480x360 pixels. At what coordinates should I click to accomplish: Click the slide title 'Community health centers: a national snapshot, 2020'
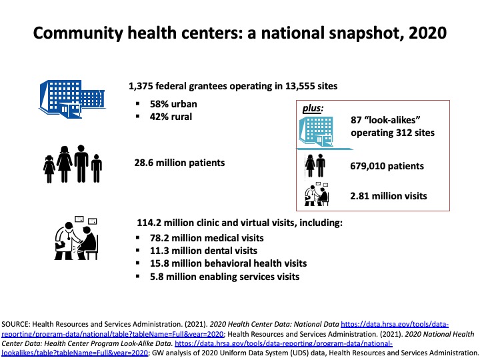pos(239,33)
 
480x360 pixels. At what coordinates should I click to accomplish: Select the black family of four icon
pos(73,165)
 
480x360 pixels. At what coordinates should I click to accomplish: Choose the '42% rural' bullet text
pos(173,116)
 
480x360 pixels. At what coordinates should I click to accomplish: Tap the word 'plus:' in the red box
pos(313,107)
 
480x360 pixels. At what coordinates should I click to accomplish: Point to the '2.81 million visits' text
pos(388,196)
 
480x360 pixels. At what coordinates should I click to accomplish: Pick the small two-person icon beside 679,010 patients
pos(315,166)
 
